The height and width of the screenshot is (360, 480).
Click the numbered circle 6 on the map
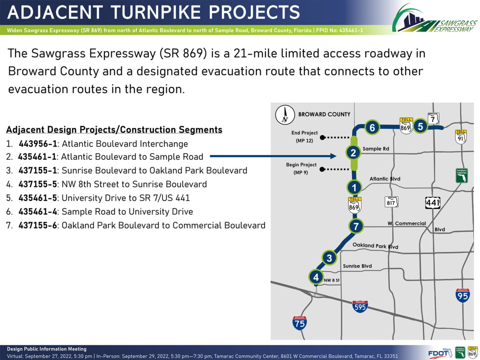pos(372,127)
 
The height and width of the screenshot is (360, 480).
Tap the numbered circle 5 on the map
pos(420,126)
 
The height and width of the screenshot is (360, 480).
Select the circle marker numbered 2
pos(353,152)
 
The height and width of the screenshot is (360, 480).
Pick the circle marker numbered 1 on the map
pos(354,187)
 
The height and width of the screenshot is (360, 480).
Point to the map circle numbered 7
pos(356,226)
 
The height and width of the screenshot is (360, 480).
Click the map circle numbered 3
pos(330,258)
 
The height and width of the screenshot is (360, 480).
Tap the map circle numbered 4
pos(316,277)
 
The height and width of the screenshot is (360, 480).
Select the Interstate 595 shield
pos(360,306)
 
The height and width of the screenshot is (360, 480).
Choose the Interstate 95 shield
pos(462,295)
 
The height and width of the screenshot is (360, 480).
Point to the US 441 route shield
pos(432,202)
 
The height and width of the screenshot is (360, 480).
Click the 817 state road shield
pos(391,202)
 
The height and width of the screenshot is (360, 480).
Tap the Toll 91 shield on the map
pos(461,137)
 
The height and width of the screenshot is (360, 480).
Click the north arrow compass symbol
pos(285,115)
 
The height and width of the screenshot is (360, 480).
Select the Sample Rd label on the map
pos(375,149)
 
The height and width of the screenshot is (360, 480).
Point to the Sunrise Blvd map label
pos(357,266)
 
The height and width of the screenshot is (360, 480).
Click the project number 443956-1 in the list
pos(37,144)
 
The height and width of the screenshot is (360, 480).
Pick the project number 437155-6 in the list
pos(37,225)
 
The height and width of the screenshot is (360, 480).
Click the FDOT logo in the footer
pos(440,353)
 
